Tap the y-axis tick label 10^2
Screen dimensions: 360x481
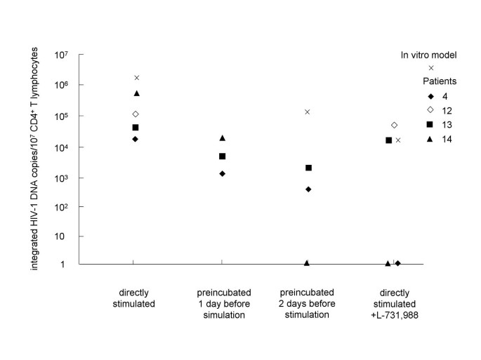pos(65,207)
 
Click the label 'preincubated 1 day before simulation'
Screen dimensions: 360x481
pos(221,304)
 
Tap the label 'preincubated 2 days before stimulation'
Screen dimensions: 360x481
pos(306,304)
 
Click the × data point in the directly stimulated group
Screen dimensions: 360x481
pos(136,77)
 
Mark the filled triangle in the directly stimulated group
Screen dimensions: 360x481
pos(136,93)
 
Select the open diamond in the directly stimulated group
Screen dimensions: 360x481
pos(136,114)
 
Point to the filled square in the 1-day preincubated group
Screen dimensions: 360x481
pos(222,156)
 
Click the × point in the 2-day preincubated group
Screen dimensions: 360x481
pos(307,112)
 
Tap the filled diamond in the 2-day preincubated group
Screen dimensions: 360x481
pos(308,189)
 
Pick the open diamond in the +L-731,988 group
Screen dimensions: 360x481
pos(395,125)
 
